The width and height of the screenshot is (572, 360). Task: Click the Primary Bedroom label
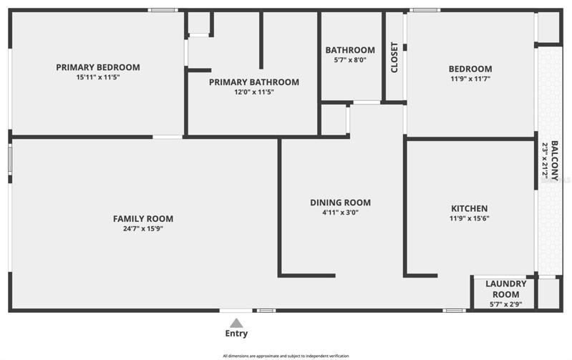pyautogui.click(x=98, y=67)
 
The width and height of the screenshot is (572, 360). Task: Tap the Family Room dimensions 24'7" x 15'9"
pyautogui.click(x=143, y=229)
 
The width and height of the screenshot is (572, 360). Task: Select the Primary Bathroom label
pyautogui.click(x=254, y=82)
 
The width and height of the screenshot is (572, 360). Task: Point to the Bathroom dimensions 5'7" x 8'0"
pyautogui.click(x=350, y=60)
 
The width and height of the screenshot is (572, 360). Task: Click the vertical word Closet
pyautogui.click(x=394, y=57)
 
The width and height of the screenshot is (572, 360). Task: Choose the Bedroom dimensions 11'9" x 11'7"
pyautogui.click(x=470, y=79)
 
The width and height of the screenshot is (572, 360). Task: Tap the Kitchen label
pyautogui.click(x=470, y=209)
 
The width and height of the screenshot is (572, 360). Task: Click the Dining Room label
pyautogui.click(x=340, y=203)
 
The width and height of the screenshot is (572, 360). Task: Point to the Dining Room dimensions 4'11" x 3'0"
pyautogui.click(x=340, y=213)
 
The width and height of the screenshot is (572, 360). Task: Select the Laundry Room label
pyautogui.click(x=506, y=289)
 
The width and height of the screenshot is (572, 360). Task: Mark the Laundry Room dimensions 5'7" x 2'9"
pyautogui.click(x=506, y=304)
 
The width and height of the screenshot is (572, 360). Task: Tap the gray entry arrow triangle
pyautogui.click(x=236, y=323)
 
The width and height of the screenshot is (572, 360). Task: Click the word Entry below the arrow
pyautogui.click(x=236, y=334)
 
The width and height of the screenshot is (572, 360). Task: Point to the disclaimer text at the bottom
pyautogui.click(x=286, y=356)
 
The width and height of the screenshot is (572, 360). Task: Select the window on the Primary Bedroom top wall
pyautogui.click(x=163, y=10)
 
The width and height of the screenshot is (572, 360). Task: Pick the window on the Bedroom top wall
pyautogui.click(x=425, y=10)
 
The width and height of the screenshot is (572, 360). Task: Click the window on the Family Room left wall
pyautogui.click(x=10, y=160)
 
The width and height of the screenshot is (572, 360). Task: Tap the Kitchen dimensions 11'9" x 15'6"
pyautogui.click(x=470, y=218)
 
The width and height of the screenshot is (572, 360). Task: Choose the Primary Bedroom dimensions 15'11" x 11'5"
pyautogui.click(x=98, y=77)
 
